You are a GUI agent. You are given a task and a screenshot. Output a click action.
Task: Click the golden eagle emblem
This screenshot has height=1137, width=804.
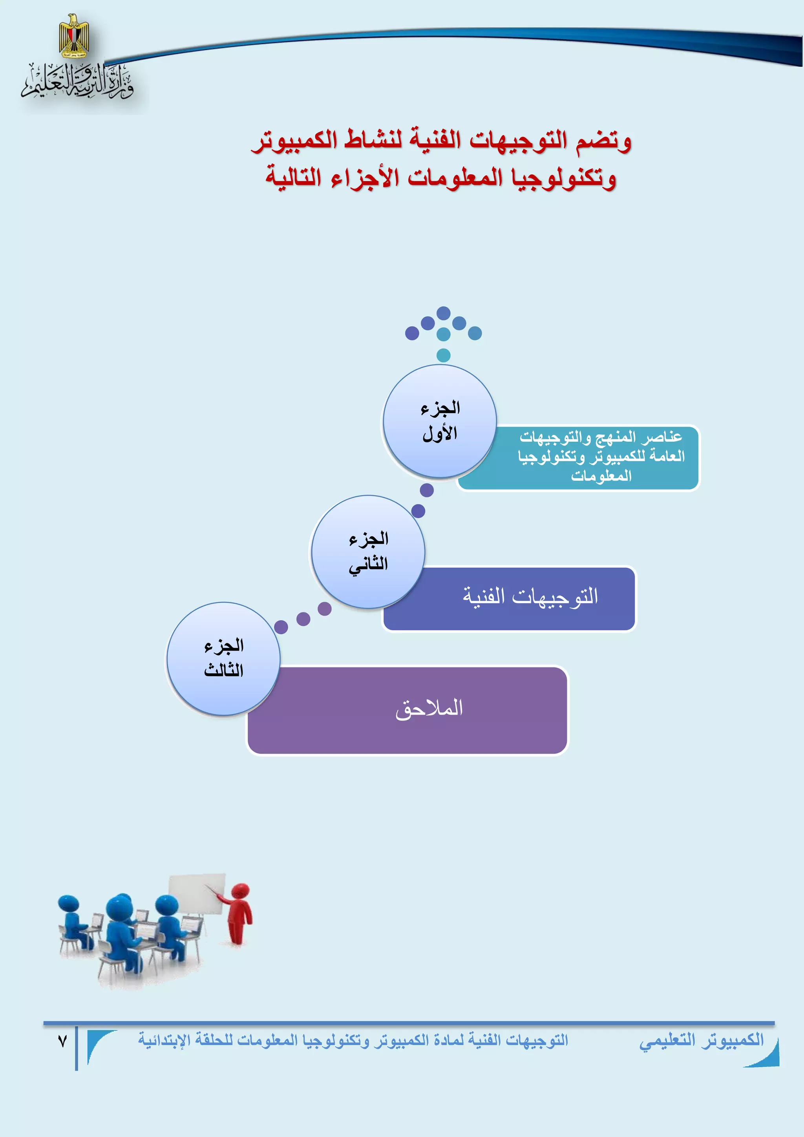coord(74,36)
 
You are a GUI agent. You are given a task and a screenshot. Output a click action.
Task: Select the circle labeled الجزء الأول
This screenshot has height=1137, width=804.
coord(440,421)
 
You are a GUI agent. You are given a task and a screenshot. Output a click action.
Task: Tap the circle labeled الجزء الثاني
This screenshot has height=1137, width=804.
coord(368,552)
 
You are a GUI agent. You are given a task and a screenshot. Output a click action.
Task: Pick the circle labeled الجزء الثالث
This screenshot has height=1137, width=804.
coord(223,659)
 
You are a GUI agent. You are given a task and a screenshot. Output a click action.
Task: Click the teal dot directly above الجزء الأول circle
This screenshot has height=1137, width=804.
coord(444,355)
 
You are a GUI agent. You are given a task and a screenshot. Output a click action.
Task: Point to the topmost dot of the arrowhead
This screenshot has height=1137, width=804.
coord(444,313)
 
